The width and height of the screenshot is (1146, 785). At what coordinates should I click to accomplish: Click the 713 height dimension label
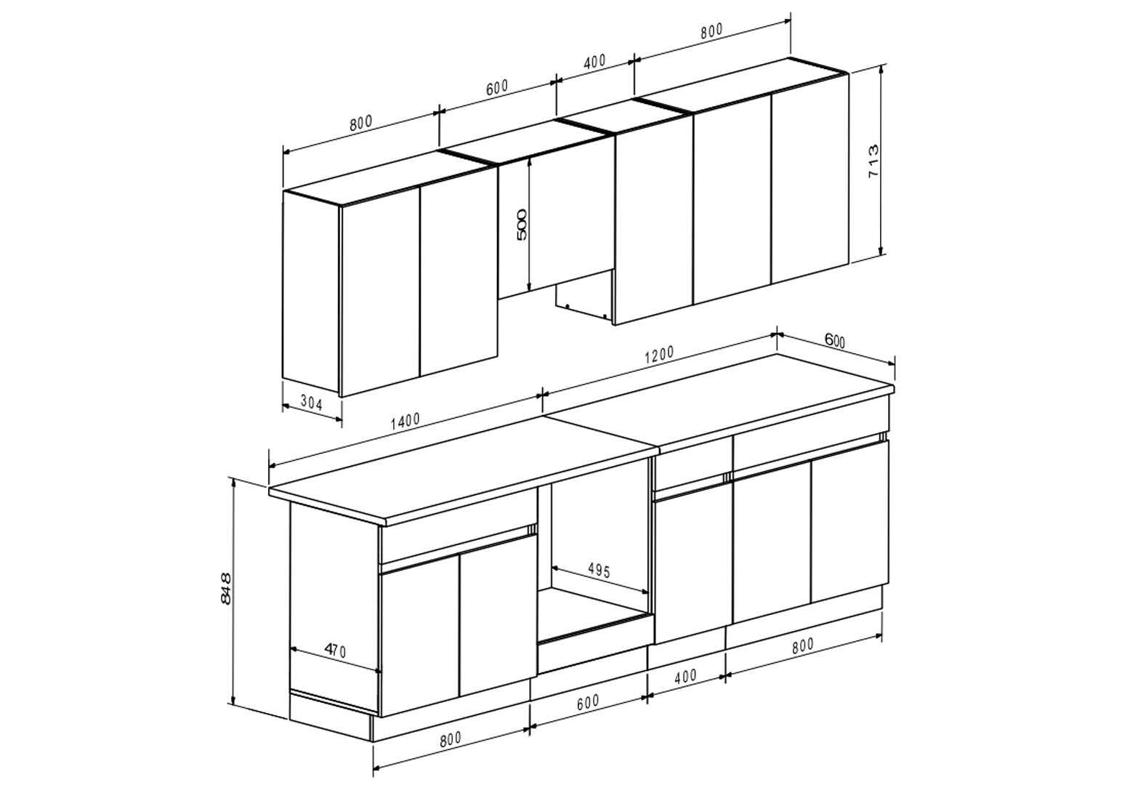tap(873, 161)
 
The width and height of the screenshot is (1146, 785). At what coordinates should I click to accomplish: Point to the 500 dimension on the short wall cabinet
tap(521, 225)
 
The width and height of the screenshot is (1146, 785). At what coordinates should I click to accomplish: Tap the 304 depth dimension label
tap(312, 403)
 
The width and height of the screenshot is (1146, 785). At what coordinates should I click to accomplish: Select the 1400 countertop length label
tap(405, 421)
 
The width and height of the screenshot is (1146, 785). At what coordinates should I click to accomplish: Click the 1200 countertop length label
tap(659, 355)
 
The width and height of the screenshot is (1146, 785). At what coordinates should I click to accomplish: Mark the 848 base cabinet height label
tap(225, 589)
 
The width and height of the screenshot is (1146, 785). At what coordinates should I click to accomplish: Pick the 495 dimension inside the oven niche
tap(599, 570)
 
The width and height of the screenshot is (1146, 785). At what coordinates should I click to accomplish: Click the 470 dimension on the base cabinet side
tap(336, 651)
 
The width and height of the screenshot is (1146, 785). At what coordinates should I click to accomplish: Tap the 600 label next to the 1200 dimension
tap(835, 341)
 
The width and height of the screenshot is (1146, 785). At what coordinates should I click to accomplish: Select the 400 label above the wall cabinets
tap(594, 61)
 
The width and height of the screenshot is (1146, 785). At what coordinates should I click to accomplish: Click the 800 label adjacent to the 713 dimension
tap(711, 31)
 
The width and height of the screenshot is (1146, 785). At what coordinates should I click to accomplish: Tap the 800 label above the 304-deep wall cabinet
tap(361, 124)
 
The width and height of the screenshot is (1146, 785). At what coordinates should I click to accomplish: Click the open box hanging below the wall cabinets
tap(585, 302)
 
